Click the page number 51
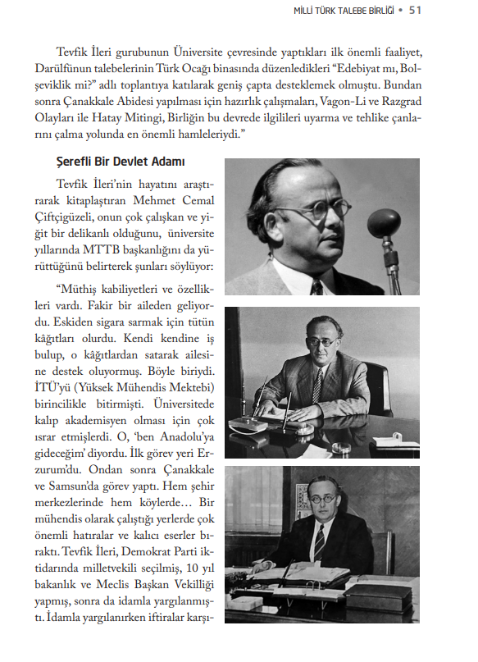pos(415,9)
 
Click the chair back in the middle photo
pos(378,390)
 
